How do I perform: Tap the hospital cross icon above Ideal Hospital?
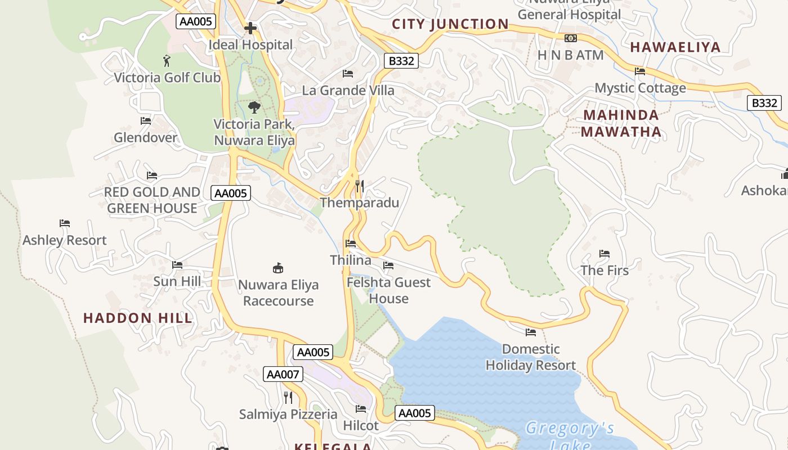tap(250, 28)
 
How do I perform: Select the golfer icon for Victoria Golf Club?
tap(167, 60)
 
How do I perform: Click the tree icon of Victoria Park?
tap(254, 107)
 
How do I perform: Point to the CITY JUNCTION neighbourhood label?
tap(450, 24)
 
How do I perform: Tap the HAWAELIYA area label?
tap(675, 47)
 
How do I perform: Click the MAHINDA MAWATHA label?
tap(621, 124)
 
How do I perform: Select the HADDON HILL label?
tap(138, 318)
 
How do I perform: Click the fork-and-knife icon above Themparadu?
tap(360, 186)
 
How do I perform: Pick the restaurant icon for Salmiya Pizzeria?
tap(288, 398)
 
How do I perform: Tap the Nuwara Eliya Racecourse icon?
tap(277, 268)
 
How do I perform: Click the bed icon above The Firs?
tap(605, 254)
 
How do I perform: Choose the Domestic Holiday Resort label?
tap(531, 357)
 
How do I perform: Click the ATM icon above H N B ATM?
tap(571, 38)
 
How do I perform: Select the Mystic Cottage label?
tap(641, 88)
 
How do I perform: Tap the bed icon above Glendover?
tap(146, 120)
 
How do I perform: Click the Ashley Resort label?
tap(65, 240)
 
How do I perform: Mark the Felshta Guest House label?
tap(388, 290)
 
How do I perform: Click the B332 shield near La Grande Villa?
tap(401, 61)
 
